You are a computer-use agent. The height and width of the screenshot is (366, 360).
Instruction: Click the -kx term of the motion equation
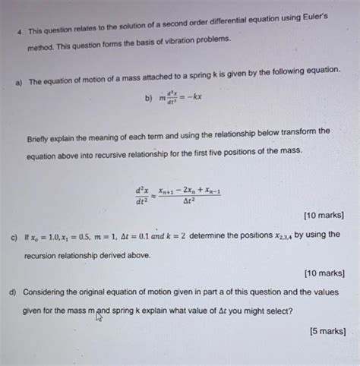191,97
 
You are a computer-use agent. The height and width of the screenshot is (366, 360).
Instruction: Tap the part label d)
14,292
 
